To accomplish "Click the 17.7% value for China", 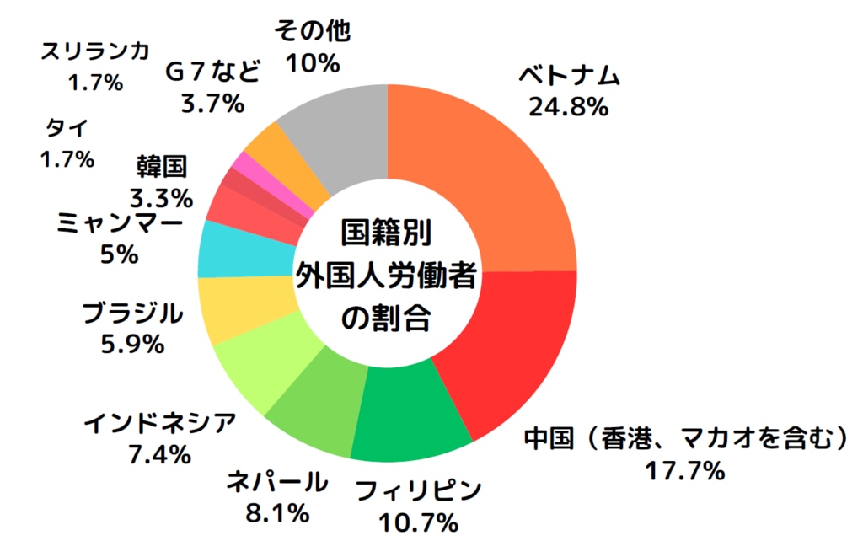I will [x=684, y=471].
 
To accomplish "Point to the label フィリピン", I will [x=418, y=491].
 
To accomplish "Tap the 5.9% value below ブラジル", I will [x=131, y=345].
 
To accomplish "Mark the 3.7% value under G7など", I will [x=212, y=104].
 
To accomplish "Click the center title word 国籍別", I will [x=387, y=232].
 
